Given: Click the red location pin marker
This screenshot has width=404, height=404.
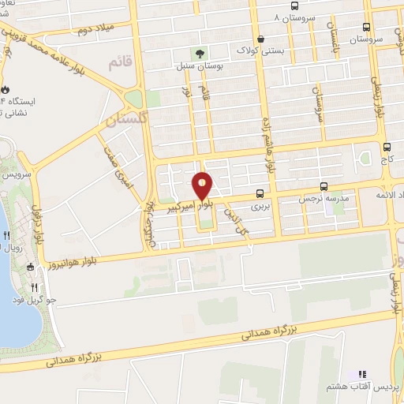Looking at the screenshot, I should point(203,186).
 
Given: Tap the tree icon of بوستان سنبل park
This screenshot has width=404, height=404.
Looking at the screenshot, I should point(200,54).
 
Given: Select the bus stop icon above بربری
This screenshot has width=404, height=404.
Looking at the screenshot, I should point(260,193).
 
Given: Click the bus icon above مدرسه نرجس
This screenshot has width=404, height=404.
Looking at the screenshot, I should point(324,186).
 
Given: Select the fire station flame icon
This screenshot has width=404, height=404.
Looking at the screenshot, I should point(5,88).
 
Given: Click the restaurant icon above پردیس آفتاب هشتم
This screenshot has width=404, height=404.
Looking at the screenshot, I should point(363,374).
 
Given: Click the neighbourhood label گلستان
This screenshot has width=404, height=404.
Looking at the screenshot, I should point(125,120).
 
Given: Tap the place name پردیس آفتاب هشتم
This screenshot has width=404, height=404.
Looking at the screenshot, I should point(365,388).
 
